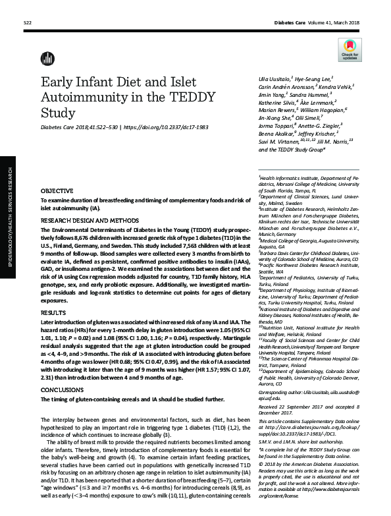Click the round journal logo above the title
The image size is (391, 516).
click(x=45, y=58)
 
